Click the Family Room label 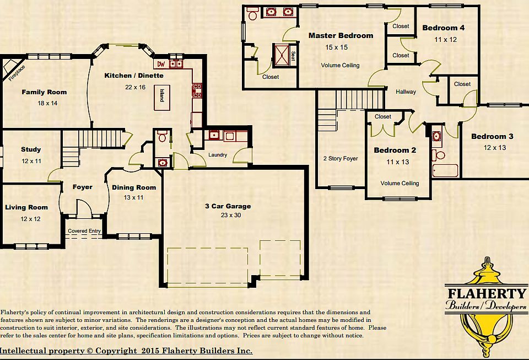click(44, 92)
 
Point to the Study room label click(31, 149)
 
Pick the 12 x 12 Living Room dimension click(31, 219)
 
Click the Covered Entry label click(84, 231)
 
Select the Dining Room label click(134, 187)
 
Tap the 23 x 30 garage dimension click(228, 215)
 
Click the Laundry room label click(218, 155)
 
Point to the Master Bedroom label click(341, 36)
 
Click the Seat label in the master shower click(293, 56)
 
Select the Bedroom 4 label click(444, 28)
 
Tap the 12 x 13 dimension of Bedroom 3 click(495, 147)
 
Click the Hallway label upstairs click(406, 92)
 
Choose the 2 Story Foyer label click(341, 159)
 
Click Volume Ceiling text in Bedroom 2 click(400, 183)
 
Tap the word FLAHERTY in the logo click(487, 293)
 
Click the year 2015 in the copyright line click(150, 351)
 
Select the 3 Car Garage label click(228, 206)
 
